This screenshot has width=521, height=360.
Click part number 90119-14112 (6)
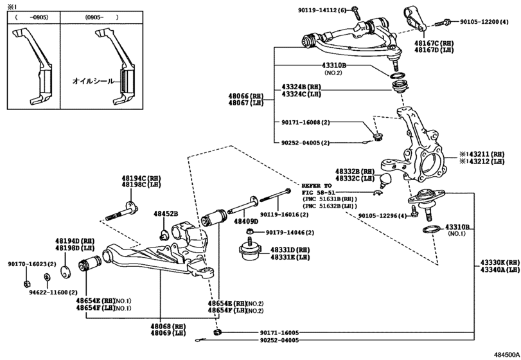pos(322,10)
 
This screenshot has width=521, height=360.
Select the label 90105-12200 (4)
pos(484,22)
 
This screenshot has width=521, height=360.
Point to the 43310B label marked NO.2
pos(333,66)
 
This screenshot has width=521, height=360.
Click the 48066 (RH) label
pos(245,96)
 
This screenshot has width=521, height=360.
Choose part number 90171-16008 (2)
pos(306,122)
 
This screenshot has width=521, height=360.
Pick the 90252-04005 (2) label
pos(306,143)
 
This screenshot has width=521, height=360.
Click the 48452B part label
pos(166,213)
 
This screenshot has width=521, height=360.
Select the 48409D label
pos(246,221)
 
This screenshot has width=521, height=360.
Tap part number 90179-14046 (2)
pos(290,232)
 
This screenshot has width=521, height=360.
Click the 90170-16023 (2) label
pos(32,264)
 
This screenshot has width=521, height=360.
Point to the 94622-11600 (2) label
pos(53,292)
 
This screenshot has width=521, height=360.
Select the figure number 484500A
pos(506,354)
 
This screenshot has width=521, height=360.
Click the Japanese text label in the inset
pos(93,81)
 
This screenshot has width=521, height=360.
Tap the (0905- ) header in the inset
pos(102,17)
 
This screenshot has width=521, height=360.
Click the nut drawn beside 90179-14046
pos(250,231)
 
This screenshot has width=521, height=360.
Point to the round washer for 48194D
pos(66,271)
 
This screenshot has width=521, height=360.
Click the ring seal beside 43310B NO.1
pos(431,229)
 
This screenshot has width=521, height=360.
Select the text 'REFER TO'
pos(317,186)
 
